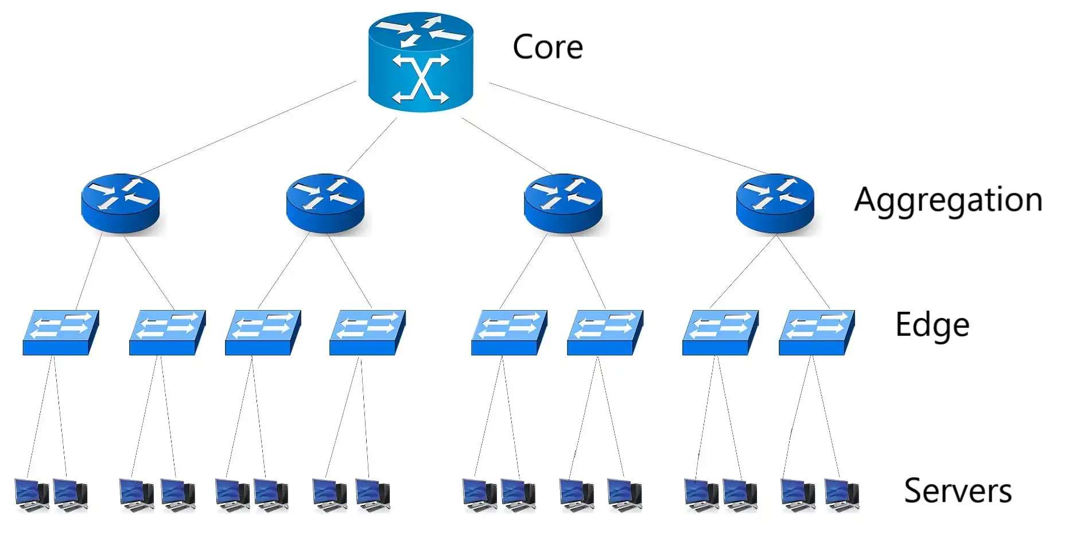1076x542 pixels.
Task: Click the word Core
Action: pyautogui.click(x=547, y=47)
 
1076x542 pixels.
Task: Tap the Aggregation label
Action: pyautogui.click(x=947, y=200)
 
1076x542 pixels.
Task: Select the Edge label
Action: pyautogui.click(x=932, y=325)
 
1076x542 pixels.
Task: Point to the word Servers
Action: pyautogui.click(x=957, y=491)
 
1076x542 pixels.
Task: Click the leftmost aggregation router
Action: pyautogui.click(x=120, y=203)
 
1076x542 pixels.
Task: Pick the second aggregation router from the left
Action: pyautogui.click(x=325, y=203)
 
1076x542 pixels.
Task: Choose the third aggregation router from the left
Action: pyautogui.click(x=563, y=203)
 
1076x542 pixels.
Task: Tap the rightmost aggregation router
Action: pyautogui.click(x=775, y=203)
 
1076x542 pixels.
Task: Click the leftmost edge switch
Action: pyautogui.click(x=60, y=332)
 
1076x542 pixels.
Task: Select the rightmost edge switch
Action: pyautogui.click(x=816, y=332)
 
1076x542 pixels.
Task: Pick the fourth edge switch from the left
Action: pyautogui.click(x=367, y=332)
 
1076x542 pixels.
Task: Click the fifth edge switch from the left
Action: pyautogui.click(x=509, y=332)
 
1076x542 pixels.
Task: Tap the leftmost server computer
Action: pyautogui.click(x=31, y=494)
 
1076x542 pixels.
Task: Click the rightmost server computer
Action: pyautogui.click(x=841, y=494)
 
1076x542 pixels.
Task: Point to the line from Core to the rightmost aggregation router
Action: pyautogui.click(x=628, y=128)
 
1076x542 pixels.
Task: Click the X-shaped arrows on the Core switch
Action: pyautogui.click(x=421, y=79)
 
